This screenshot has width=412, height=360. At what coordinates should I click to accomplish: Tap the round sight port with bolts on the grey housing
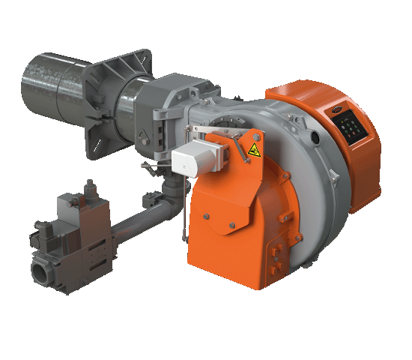tap(222, 124)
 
